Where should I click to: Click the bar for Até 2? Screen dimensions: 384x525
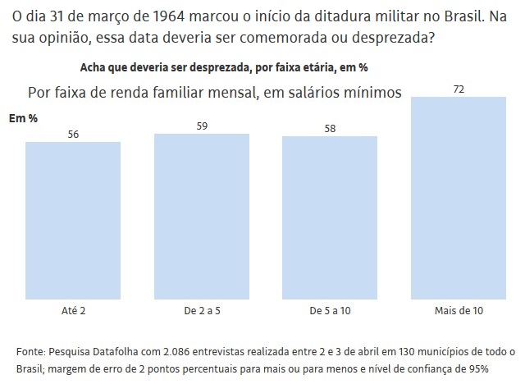coord(73,222)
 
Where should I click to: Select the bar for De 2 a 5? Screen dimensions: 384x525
coord(202,217)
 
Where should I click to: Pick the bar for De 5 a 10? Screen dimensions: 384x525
coord(330,218)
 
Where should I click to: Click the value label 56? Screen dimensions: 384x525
coord(73,134)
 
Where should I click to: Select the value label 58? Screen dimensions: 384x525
coord(330,128)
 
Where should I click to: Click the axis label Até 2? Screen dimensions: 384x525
coord(73,312)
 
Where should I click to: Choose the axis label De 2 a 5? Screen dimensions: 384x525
coord(202,312)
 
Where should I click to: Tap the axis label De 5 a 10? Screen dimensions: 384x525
coord(330,312)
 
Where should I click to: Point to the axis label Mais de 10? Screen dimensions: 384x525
coord(459,312)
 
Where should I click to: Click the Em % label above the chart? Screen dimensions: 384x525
coord(23,118)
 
